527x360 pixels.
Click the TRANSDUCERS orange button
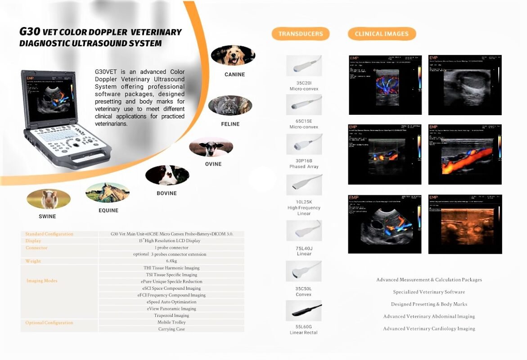[301, 34]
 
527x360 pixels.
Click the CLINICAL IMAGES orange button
[382, 34]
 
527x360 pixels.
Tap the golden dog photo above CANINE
[233, 55]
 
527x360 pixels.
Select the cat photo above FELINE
[230, 105]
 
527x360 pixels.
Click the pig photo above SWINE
[48, 199]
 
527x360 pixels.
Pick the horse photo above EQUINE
[108, 192]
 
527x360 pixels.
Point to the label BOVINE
[167, 193]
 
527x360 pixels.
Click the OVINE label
[213, 164]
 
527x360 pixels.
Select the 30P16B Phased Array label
[304, 163]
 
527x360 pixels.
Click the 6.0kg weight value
[171, 261]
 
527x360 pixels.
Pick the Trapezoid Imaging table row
[171, 315]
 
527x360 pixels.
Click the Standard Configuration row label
[49, 234]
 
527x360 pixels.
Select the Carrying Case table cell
[171, 329]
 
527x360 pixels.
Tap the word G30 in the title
[30, 32]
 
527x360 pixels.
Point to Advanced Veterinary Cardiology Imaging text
[429, 328]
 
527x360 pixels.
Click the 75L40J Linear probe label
[304, 251]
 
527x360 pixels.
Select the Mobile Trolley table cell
[171, 322]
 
